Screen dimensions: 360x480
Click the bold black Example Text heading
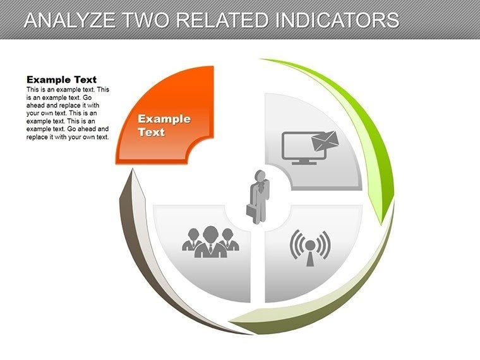pyautogui.click(x=61, y=80)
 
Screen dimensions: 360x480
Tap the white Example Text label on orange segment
pyautogui.click(x=164, y=125)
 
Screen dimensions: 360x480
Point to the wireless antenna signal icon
pyautogui.click(x=309, y=247)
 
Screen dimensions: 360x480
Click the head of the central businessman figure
pyautogui.click(x=258, y=175)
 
